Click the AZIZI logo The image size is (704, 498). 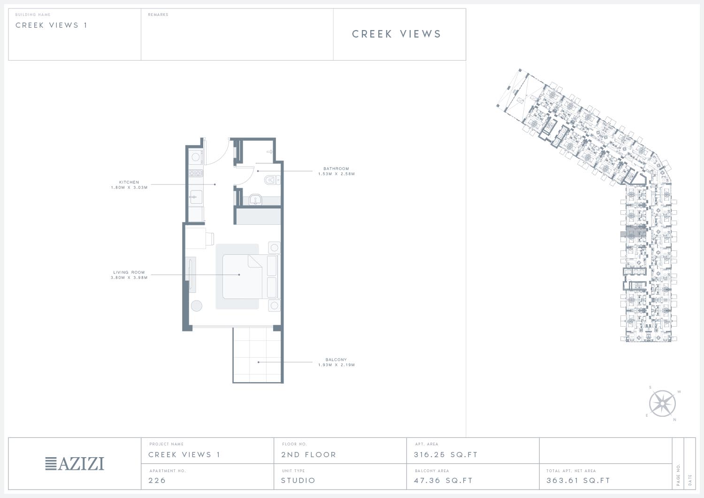75,463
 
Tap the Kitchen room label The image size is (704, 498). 129,182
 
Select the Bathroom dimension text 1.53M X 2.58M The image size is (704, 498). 337,174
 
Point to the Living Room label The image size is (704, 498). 129,272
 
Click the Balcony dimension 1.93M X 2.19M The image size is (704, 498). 337,365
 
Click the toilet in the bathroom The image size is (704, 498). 272,180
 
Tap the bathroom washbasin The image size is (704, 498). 255,199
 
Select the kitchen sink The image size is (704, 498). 196,197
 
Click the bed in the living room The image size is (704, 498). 242,276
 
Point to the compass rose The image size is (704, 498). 662,404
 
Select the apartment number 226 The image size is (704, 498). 157,480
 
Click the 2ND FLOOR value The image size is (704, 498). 309,455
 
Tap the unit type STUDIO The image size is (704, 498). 298,480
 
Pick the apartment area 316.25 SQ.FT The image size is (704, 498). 446,455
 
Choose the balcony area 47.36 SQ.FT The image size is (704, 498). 443,480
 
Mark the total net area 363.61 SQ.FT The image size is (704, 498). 578,480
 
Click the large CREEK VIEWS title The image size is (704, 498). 397,34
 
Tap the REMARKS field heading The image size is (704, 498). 158,15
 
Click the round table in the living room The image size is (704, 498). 197,306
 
